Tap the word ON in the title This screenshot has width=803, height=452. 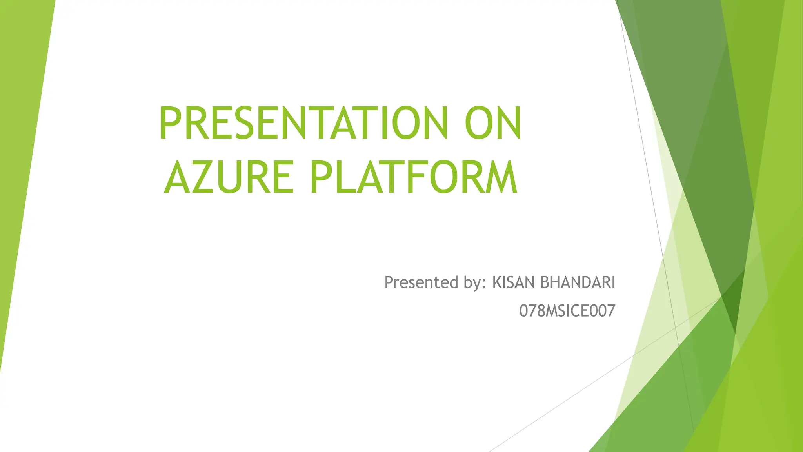[x=493, y=123]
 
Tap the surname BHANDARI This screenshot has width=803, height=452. [x=578, y=282]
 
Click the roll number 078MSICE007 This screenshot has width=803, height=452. [x=567, y=311]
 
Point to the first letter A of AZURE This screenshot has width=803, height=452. [x=179, y=177]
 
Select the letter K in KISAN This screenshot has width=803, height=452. [x=497, y=282]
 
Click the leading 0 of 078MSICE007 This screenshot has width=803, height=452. [x=524, y=311]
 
